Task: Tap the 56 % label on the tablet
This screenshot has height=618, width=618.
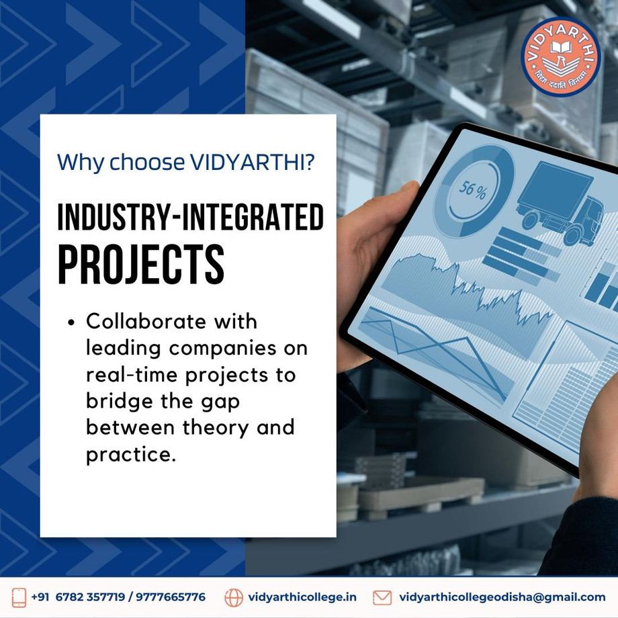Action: click(472, 189)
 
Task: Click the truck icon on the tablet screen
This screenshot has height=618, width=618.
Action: click(559, 203)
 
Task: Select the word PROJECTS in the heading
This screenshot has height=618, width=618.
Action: click(141, 264)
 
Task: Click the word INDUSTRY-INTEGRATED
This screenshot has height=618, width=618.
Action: click(191, 217)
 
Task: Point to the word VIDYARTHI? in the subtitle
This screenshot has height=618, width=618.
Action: click(253, 162)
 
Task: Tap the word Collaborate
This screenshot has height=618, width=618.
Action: click(146, 321)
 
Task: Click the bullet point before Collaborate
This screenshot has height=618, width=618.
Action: click(71, 322)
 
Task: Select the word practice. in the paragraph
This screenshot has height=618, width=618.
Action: click(130, 454)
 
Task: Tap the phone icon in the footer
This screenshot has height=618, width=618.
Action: click(19, 597)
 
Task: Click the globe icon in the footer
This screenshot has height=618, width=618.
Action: click(234, 597)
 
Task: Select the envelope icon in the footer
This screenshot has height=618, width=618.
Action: click(382, 597)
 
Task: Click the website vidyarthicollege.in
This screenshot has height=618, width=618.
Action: click(302, 597)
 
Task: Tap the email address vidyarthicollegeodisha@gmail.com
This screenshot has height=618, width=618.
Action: click(502, 597)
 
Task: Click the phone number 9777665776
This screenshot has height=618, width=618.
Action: click(171, 597)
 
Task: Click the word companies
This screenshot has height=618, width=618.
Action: click(223, 349)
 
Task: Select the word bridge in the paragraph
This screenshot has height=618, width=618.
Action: click(120, 401)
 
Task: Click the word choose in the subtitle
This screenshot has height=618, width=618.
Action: click(146, 162)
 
